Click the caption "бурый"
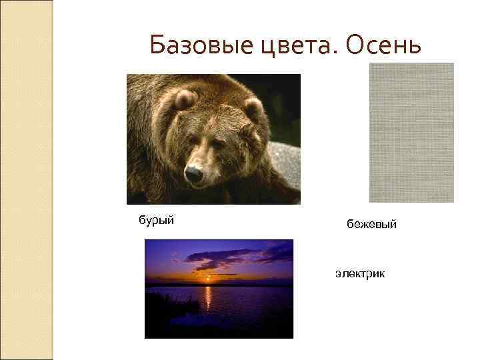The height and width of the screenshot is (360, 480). pyautogui.click(x=156, y=220)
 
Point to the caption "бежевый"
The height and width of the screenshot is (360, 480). pyautogui.click(x=371, y=225)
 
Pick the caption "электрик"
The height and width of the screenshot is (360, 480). pyautogui.click(x=360, y=273)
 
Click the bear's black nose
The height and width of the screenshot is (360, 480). pyautogui.click(x=194, y=175)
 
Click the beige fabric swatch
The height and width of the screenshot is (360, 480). pyautogui.click(x=411, y=132)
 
